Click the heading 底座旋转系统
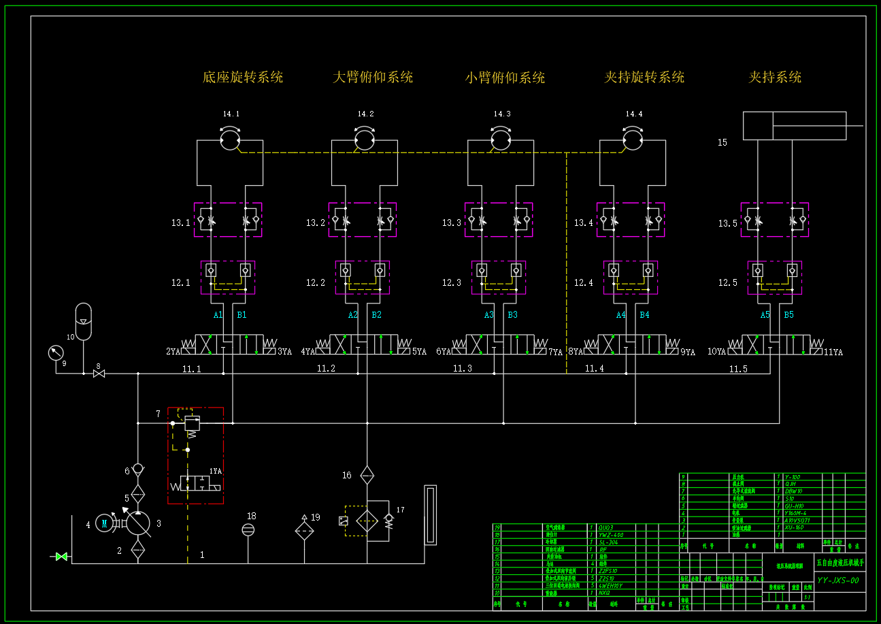(243, 77)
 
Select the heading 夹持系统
(775, 77)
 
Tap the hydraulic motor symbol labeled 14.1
(231, 139)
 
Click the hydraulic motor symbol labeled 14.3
(501, 139)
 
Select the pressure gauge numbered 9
(56, 352)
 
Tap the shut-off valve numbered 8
(99, 374)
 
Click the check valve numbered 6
(138, 469)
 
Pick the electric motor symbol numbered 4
(104, 523)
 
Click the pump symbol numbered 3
(138, 523)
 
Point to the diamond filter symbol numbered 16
(367, 475)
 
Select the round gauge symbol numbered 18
(249, 529)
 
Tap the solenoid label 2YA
(173, 352)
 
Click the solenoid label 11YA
(833, 352)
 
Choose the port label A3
(489, 315)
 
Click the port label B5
(788, 315)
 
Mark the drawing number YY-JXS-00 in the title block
(837, 580)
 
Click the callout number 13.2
(316, 223)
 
